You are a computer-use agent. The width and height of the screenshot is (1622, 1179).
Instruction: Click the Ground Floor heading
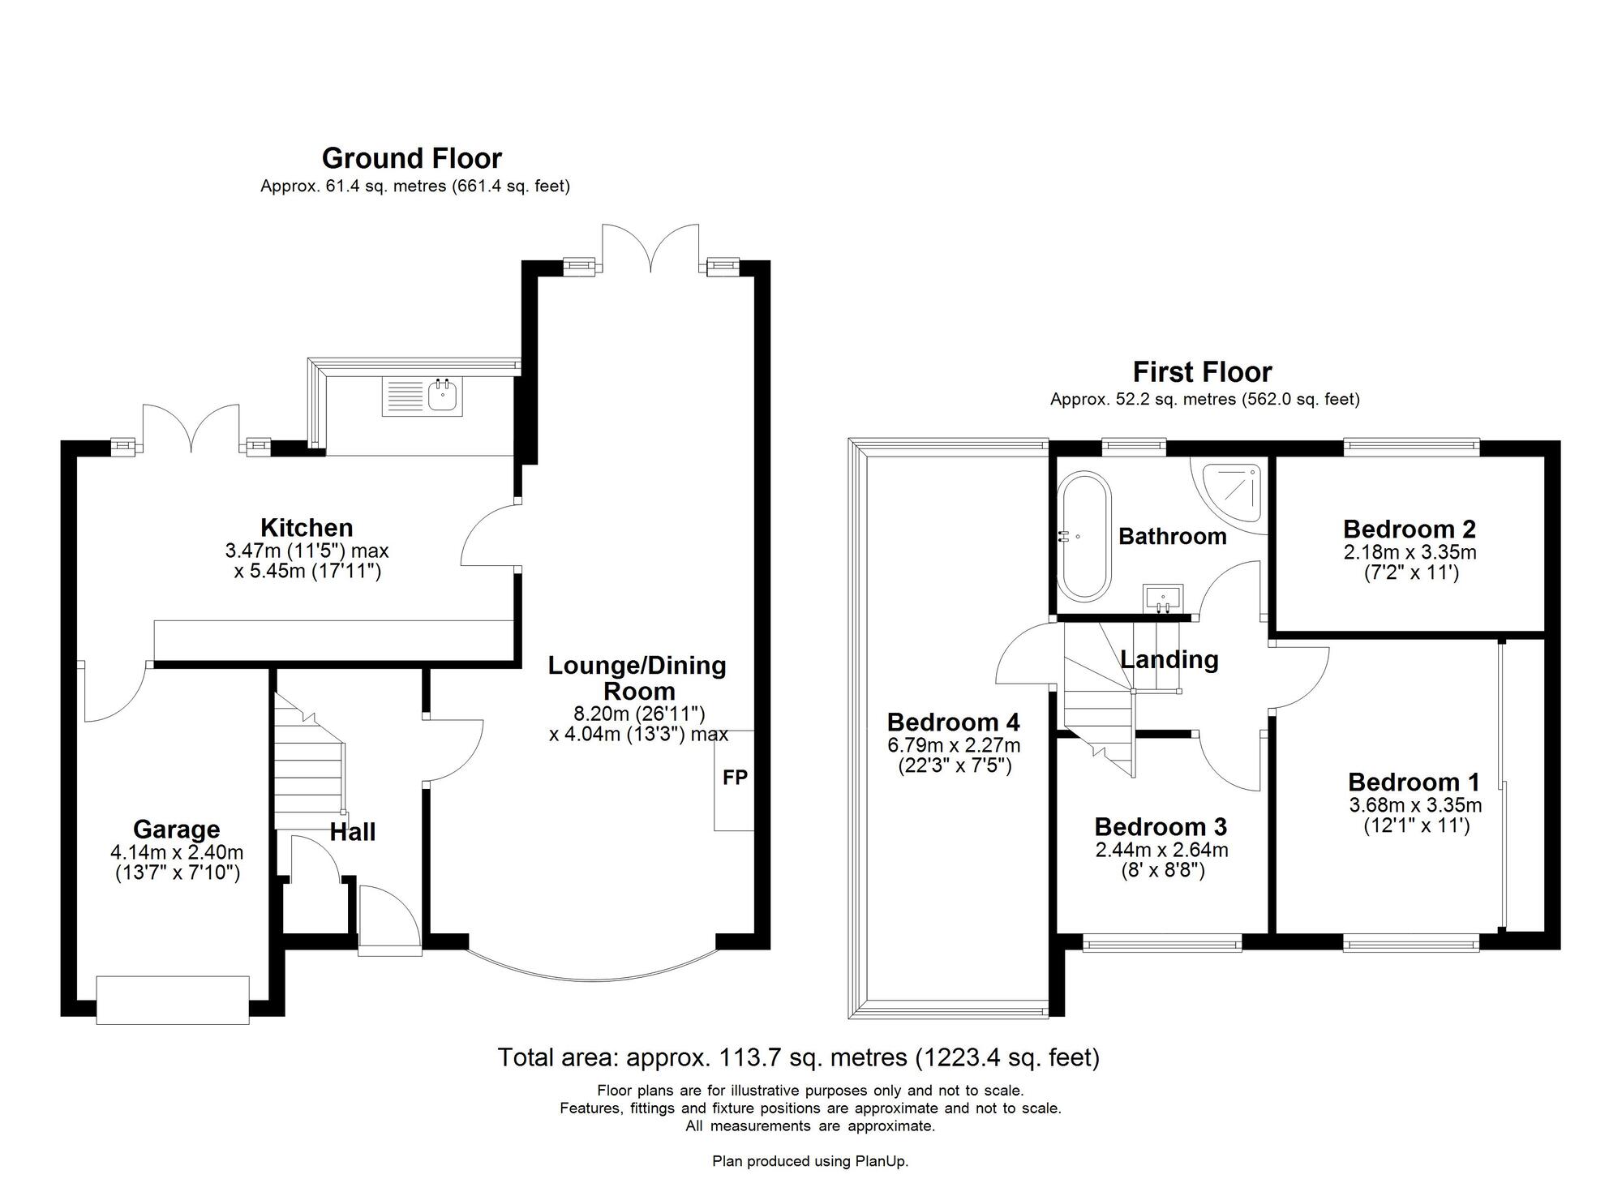tap(412, 158)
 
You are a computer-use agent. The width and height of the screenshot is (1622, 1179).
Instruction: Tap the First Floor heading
tap(1202, 372)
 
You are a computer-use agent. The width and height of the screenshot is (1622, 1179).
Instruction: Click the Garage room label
tap(176, 830)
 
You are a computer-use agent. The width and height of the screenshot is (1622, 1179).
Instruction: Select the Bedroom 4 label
tap(953, 722)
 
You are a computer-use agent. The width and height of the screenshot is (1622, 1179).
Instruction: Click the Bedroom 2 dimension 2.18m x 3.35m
tap(1410, 553)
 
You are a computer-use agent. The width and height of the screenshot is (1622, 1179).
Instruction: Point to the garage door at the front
tap(173, 999)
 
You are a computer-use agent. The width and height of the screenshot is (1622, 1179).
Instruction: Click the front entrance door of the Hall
tap(389, 918)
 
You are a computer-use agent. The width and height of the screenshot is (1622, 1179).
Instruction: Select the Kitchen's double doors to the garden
tap(191, 427)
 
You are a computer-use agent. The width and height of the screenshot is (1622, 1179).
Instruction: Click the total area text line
tap(798, 1057)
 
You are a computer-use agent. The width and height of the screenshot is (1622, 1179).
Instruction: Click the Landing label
tap(1169, 659)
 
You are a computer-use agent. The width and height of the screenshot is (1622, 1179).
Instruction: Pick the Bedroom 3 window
tap(1161, 942)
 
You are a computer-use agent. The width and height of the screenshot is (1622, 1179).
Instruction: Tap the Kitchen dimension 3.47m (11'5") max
tap(307, 551)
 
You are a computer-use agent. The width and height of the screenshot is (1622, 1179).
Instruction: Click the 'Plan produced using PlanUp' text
tap(810, 1161)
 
